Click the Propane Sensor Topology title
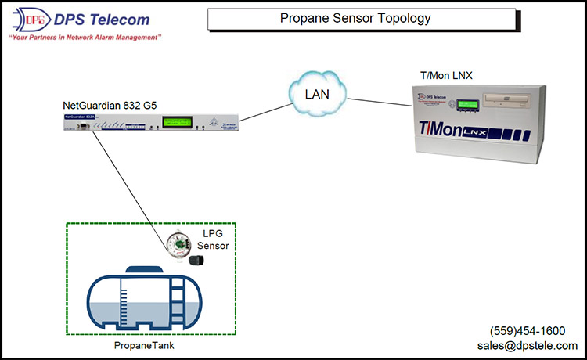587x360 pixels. coord(361,19)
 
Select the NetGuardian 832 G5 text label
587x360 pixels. coord(112,106)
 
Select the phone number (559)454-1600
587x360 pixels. coord(527,331)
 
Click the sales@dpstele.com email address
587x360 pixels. coord(527,345)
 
